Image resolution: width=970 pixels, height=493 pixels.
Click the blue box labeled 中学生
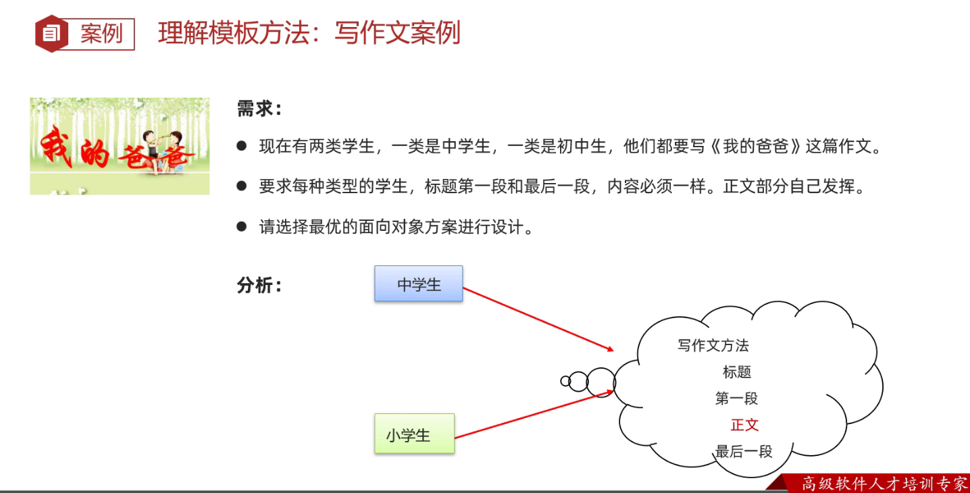click(419, 284)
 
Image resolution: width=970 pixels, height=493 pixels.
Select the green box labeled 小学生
click(414, 434)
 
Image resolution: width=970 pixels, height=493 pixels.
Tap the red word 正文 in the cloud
click(744, 425)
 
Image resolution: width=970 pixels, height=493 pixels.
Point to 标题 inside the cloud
click(737, 372)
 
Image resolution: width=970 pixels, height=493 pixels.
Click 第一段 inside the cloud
click(737, 398)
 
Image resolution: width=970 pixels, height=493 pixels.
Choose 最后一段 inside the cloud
click(744, 452)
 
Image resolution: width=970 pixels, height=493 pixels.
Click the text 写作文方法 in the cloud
click(713, 346)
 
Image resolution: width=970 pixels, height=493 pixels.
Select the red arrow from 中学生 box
click(538, 319)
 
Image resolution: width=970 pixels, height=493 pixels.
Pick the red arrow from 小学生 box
click(534, 414)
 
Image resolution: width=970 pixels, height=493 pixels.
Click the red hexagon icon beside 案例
click(52, 33)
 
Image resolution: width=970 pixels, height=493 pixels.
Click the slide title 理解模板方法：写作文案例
click(309, 32)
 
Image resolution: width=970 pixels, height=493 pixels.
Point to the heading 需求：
click(259, 109)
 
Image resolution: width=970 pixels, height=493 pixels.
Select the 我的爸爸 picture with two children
click(120, 146)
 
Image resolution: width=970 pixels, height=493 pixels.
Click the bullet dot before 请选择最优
click(242, 226)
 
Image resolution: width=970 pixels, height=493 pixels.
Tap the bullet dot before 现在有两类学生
click(242, 146)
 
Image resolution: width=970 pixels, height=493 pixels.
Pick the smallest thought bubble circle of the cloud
click(565, 381)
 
